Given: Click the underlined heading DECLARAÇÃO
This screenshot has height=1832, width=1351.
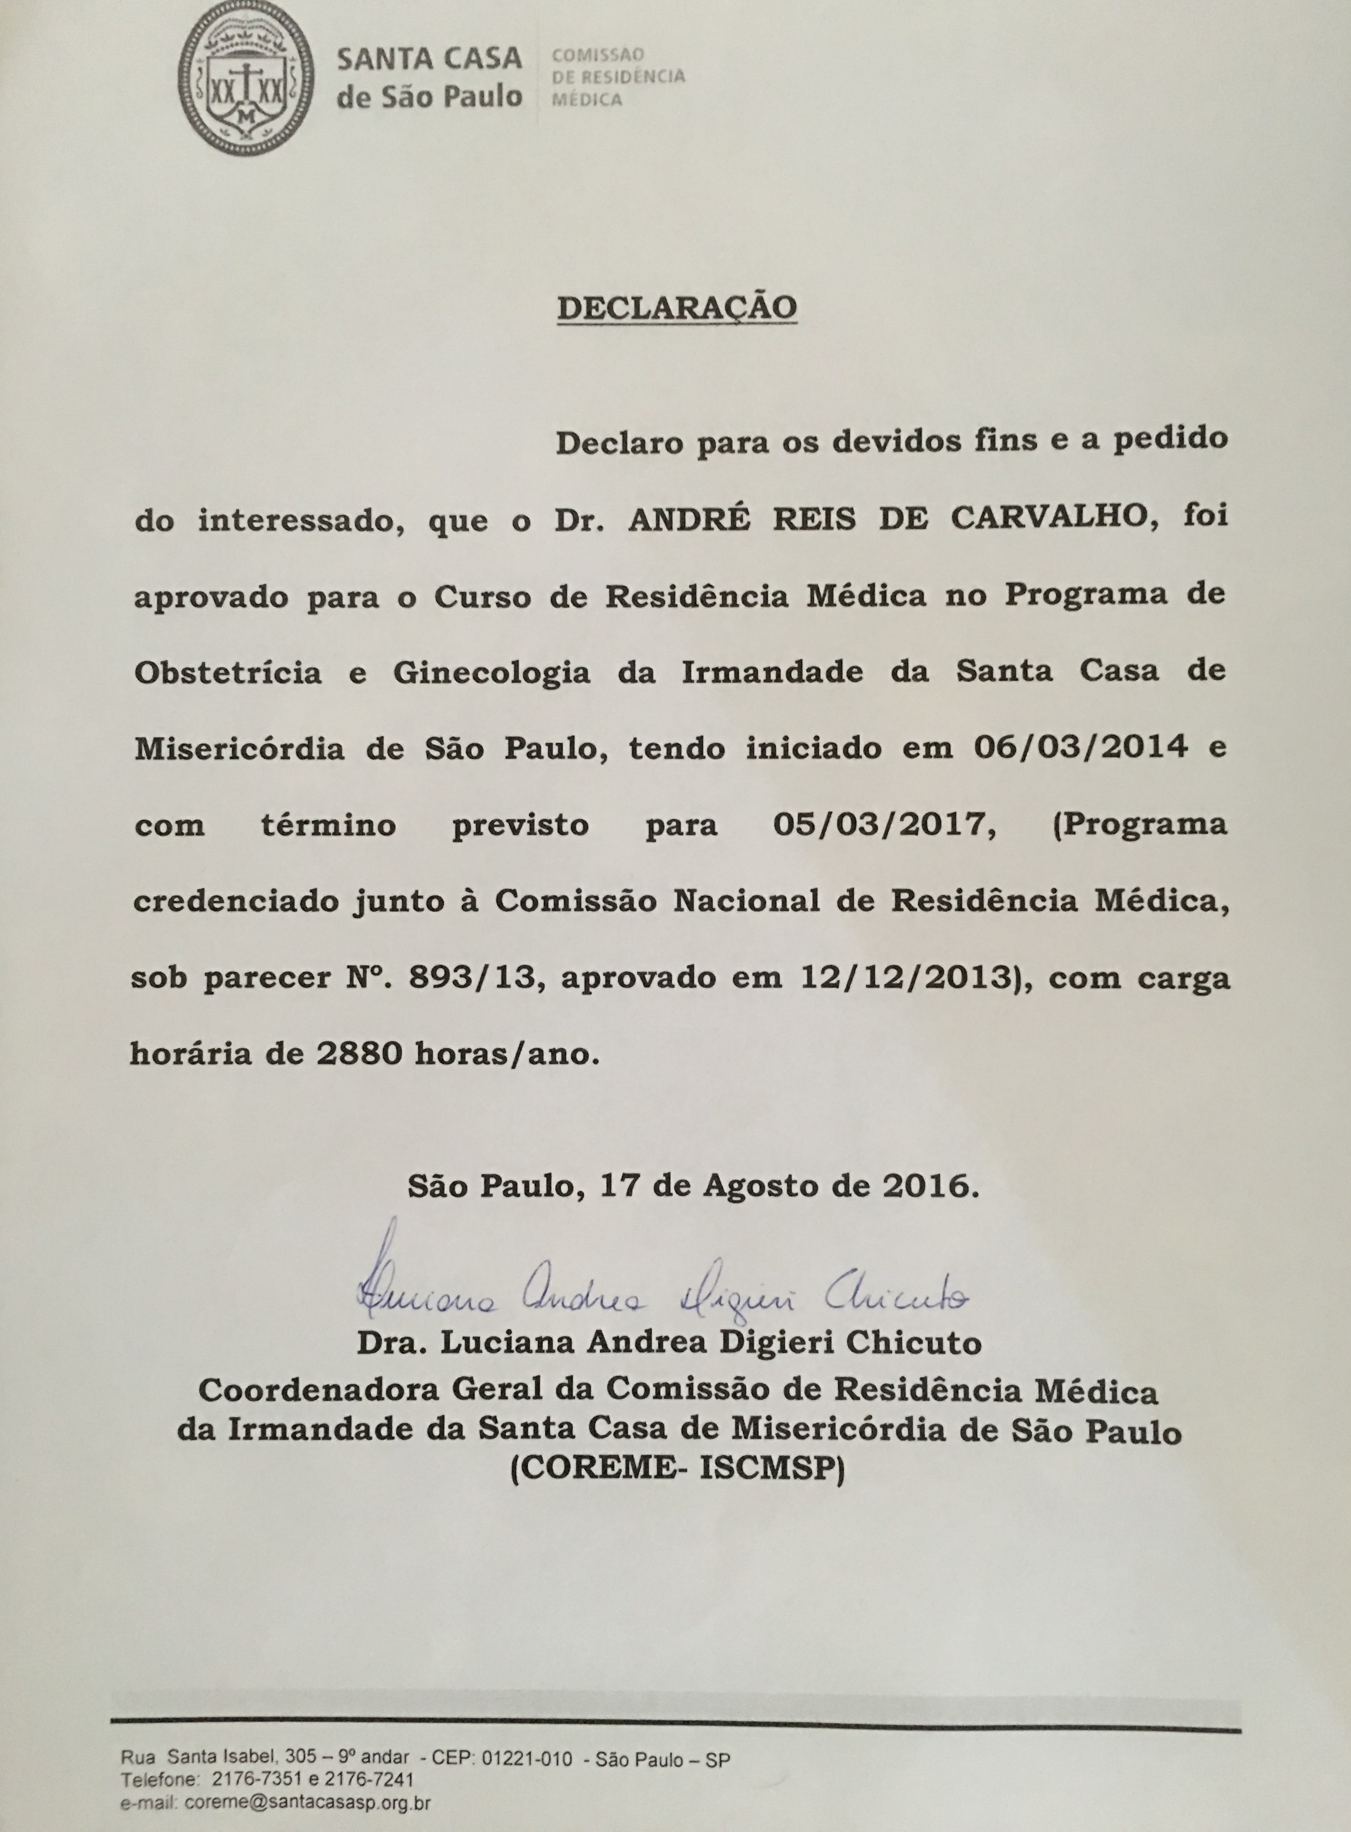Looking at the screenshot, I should (676, 306).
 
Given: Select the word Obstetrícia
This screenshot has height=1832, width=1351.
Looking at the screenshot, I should (227, 672).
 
